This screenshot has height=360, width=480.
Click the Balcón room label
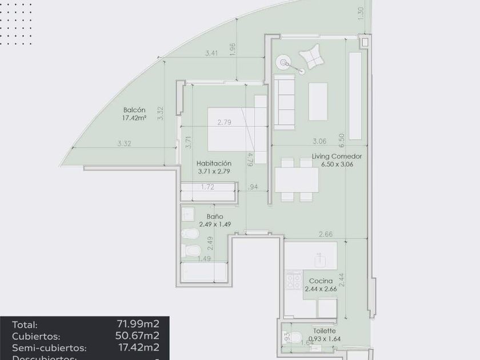tap(135, 110)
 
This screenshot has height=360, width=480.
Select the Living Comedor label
tap(337, 155)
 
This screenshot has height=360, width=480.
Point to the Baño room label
tap(215, 217)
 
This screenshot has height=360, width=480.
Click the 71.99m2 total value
tap(138, 325)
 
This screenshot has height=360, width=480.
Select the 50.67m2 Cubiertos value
tap(138, 336)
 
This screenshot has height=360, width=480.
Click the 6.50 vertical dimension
tap(341, 138)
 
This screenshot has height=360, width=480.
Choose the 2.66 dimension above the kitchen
tap(326, 234)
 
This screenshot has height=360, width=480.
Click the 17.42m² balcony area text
tap(135, 118)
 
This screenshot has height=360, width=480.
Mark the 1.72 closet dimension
tap(207, 187)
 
